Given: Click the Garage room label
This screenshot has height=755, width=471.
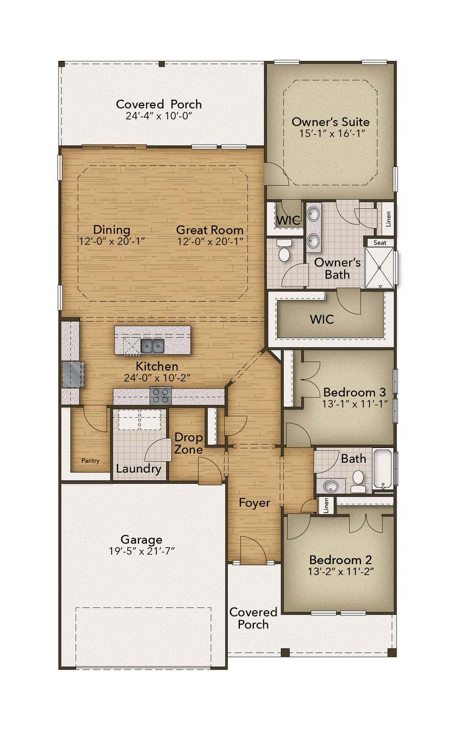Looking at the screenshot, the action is [142, 539].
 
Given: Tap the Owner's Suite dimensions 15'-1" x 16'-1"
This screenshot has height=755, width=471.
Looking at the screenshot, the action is [333, 133].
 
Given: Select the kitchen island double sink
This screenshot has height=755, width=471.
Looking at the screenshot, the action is [152, 346].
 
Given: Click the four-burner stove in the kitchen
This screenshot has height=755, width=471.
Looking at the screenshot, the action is [160, 396].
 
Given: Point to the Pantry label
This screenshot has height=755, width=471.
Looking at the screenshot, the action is [90, 461].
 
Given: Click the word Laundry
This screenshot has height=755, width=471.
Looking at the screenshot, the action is [138, 469].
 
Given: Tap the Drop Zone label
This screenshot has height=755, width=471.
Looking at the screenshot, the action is [188, 443].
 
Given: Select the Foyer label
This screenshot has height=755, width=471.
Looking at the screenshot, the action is [254, 503].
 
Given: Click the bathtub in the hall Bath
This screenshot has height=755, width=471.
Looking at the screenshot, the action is [383, 469].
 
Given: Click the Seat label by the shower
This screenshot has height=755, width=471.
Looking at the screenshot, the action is [380, 243].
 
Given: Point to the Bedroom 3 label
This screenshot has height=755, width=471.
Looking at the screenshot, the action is [355, 392].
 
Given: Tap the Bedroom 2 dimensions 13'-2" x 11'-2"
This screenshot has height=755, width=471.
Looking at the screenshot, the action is [341, 572].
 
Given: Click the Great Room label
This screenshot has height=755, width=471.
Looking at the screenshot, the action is [210, 230].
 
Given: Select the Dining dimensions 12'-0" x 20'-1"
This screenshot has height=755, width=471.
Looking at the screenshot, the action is [112, 241].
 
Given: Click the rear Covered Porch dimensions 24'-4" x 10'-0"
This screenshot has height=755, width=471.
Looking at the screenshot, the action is [159, 116].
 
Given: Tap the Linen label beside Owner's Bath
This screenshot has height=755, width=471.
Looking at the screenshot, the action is [389, 219].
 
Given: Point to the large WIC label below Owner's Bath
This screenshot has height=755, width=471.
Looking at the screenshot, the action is [322, 319].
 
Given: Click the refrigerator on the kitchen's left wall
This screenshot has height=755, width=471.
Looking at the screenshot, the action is [73, 375].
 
